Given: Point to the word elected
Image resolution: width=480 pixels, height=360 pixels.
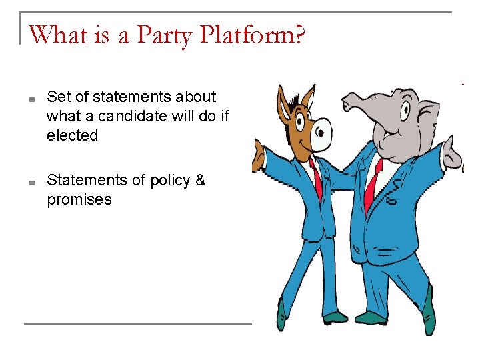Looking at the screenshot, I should click(x=72, y=135).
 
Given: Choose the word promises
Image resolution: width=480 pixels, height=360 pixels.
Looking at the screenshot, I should click(x=79, y=199).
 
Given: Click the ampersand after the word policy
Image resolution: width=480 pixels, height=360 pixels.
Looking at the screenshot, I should click(x=200, y=180).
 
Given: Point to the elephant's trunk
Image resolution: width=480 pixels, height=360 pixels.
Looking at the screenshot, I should click(x=363, y=101).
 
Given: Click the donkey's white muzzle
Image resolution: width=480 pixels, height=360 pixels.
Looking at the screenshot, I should click(x=321, y=134).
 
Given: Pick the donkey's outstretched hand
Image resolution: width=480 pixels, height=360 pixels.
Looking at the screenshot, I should click(x=257, y=156).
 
